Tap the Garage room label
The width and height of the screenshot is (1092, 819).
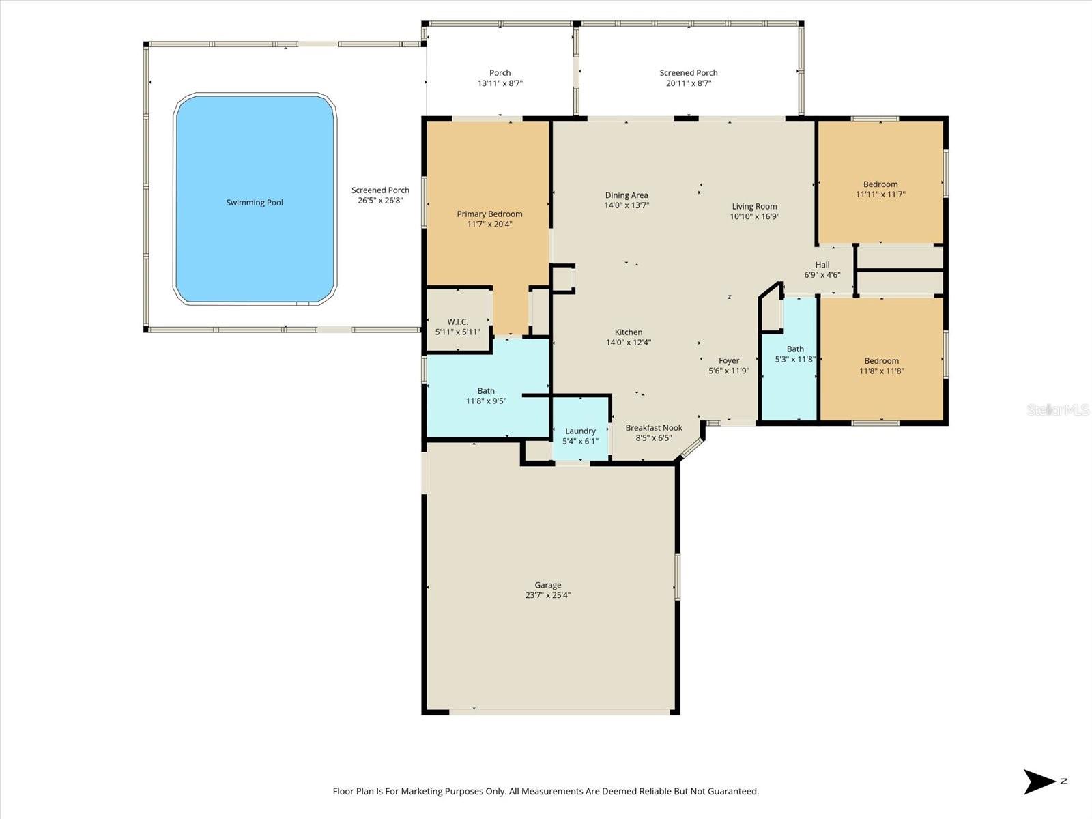point(547,585)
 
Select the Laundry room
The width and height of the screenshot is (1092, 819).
point(580,435)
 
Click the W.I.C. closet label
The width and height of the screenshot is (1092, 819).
point(457,321)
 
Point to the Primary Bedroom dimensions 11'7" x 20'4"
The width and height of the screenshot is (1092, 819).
point(489,224)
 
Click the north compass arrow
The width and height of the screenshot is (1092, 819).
point(1039,781)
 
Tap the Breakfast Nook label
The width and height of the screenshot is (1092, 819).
point(653,428)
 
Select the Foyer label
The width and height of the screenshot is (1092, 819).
point(729,361)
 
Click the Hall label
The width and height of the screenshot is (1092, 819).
point(822,265)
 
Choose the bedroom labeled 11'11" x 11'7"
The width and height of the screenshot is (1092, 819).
point(880,189)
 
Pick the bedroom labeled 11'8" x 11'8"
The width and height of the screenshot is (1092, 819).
point(881,366)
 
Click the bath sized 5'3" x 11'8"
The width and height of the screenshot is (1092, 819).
point(794,354)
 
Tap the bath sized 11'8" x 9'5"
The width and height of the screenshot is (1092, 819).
point(486,396)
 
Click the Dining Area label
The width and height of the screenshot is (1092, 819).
point(626,195)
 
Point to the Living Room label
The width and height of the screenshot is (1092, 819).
point(754,206)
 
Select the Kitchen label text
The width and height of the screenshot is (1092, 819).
point(628,332)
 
